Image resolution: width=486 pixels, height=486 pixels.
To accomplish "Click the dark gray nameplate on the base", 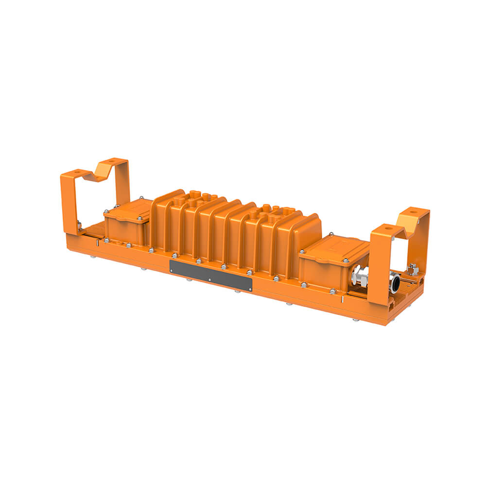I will [x=211, y=275].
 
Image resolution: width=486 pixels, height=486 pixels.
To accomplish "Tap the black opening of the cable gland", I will [x=395, y=283].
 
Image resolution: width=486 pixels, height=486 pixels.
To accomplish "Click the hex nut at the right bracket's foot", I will [x=413, y=269].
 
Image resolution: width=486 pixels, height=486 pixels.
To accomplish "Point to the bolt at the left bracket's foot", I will [x=79, y=225].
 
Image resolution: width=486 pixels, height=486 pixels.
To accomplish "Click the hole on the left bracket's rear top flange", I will [x=112, y=161].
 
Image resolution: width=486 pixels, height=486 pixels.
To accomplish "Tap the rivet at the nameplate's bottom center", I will [x=209, y=280].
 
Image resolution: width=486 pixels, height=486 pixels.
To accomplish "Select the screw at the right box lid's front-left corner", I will [x=302, y=252].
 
